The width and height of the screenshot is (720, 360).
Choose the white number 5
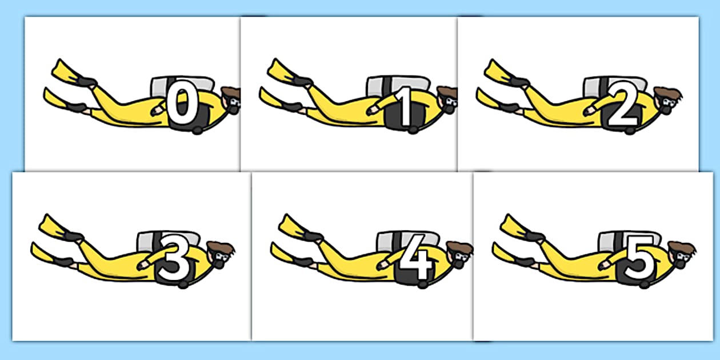(x=638, y=260)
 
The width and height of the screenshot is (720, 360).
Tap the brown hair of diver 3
(x=221, y=248)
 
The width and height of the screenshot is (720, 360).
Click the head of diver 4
(x=461, y=255)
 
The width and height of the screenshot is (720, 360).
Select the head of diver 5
(x=683, y=255)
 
